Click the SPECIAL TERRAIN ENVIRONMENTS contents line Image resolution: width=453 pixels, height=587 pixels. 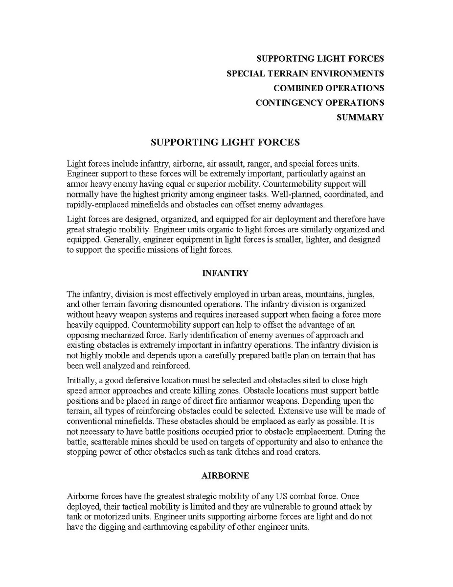tap(305, 73)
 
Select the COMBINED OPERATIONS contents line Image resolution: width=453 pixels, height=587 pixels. tap(328, 88)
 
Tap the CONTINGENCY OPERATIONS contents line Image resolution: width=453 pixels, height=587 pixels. tap(319, 103)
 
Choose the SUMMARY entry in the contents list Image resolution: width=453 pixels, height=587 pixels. tap(360, 118)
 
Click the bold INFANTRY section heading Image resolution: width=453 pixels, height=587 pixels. tap(225, 273)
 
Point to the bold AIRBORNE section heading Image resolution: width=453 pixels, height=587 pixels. tap(225, 475)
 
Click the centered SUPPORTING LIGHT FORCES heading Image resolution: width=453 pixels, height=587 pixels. tap(225, 143)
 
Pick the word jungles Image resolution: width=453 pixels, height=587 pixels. tap(360, 294)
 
